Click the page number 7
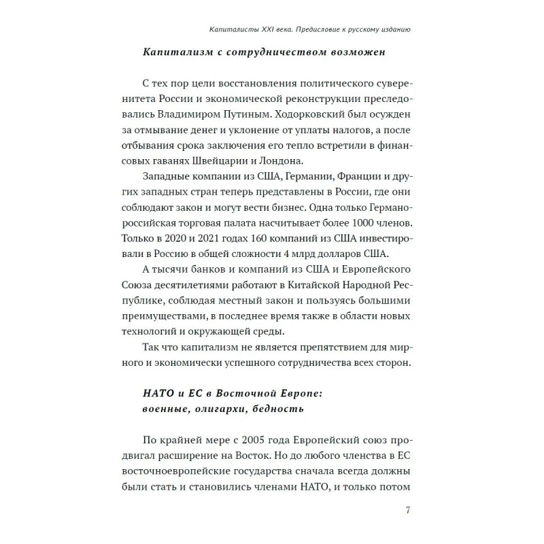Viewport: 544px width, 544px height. pos(407,511)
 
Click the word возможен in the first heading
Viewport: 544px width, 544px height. pos(337,52)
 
